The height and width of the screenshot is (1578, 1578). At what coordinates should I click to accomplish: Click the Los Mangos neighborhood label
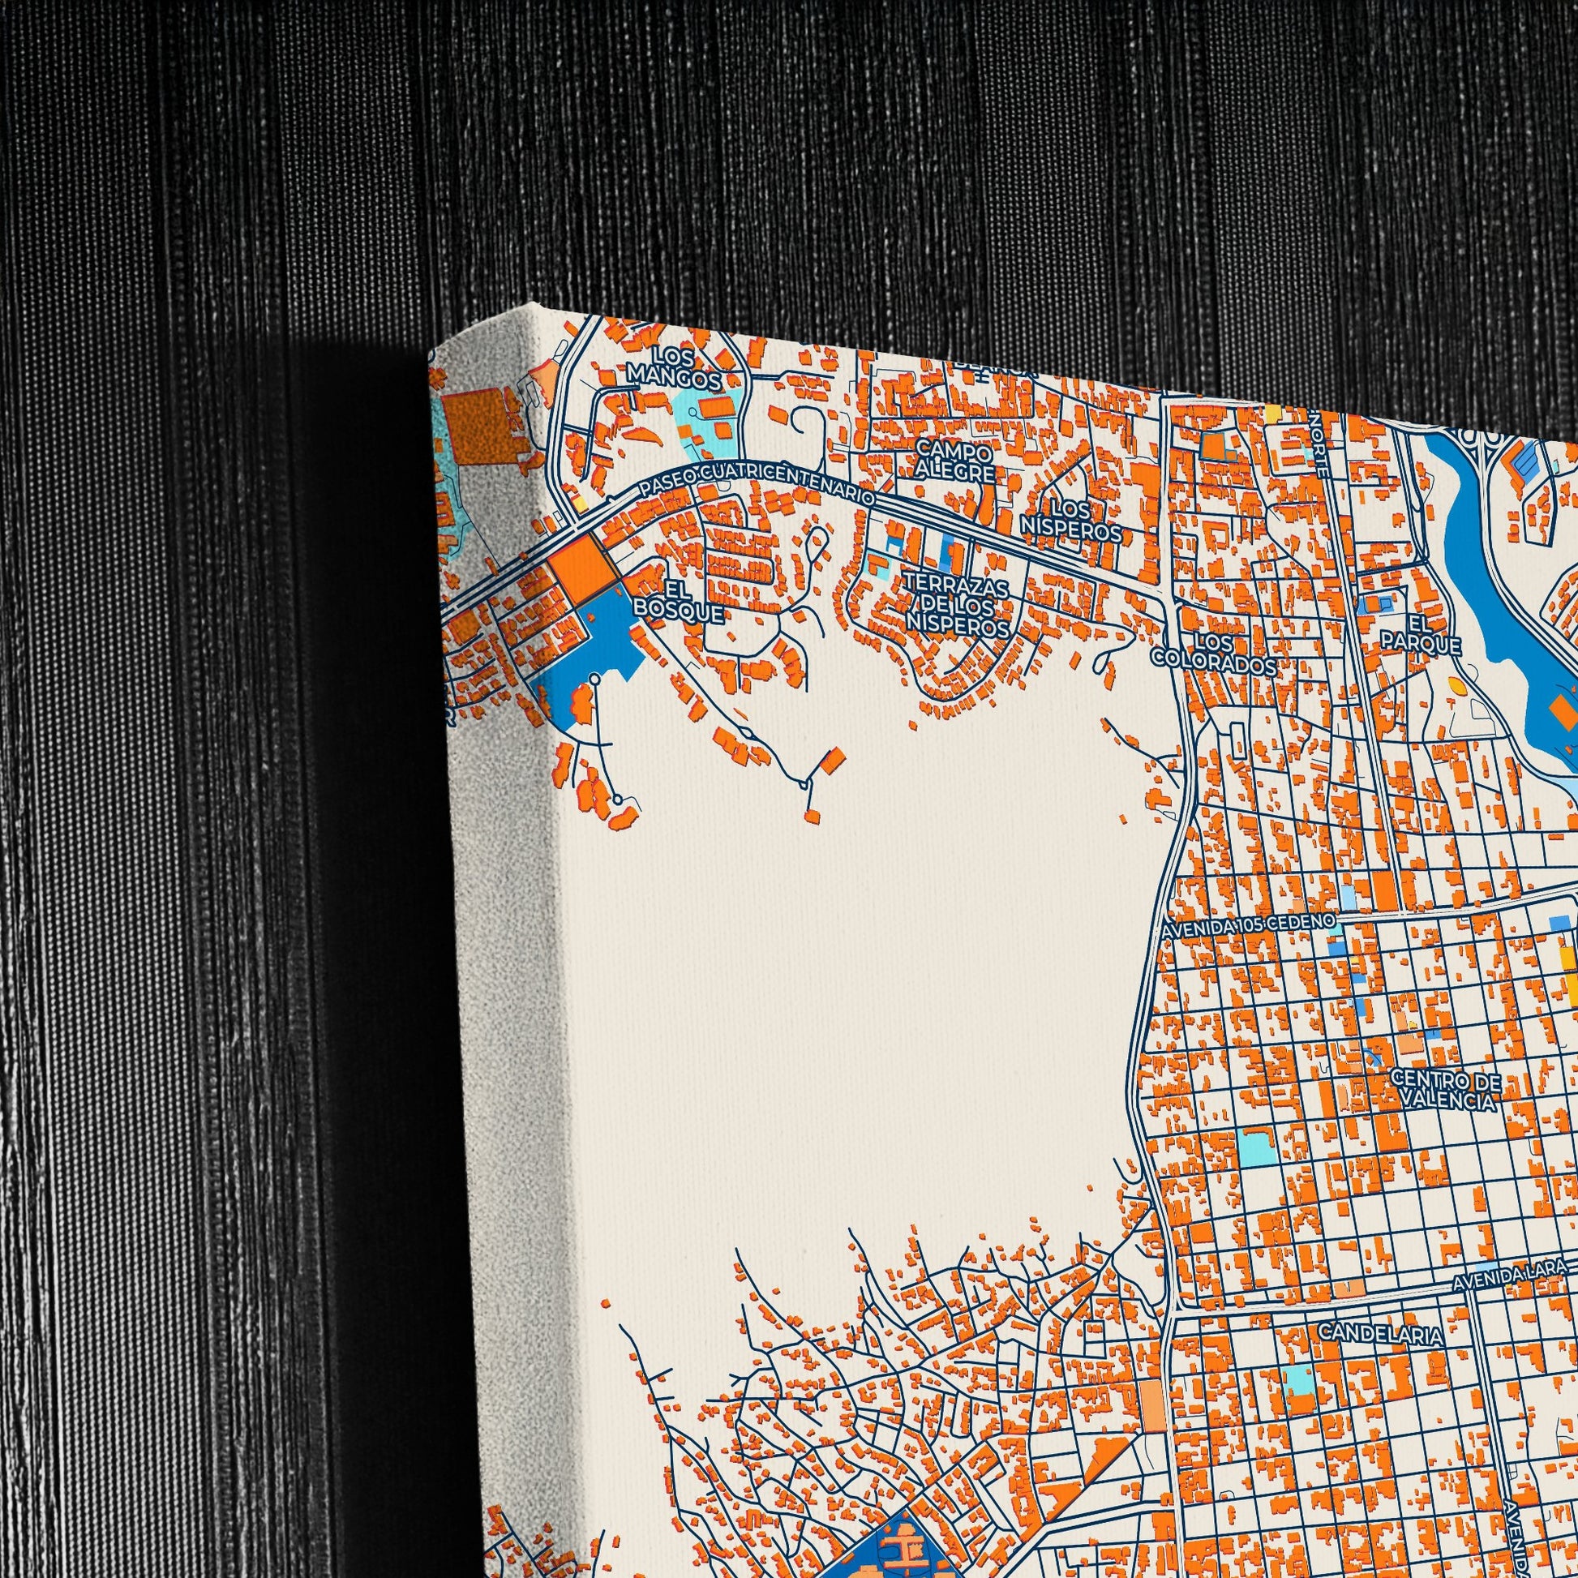(x=673, y=369)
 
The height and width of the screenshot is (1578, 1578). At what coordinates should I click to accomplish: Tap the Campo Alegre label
(x=954, y=461)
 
